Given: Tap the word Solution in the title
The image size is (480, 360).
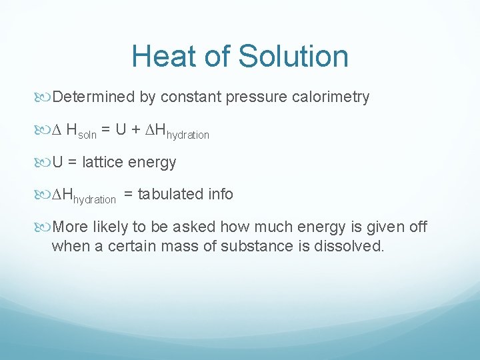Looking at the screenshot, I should (x=293, y=56).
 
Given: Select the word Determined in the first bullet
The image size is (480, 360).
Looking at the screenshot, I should (x=93, y=97).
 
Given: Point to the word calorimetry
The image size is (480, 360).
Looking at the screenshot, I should (x=331, y=97).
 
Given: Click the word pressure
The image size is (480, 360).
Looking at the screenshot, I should (x=257, y=97).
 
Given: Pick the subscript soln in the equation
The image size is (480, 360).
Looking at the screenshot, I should (x=87, y=135).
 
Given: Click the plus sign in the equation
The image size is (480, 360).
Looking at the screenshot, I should (x=135, y=131).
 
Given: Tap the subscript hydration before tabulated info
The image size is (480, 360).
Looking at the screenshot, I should (x=94, y=199).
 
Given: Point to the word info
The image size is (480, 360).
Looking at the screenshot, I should (x=220, y=195).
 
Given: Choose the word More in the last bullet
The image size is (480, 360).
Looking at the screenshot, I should (x=70, y=227).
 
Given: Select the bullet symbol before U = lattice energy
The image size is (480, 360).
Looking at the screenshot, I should (x=45, y=163).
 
